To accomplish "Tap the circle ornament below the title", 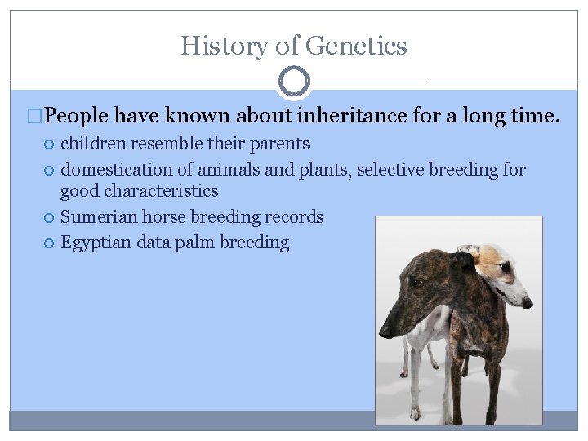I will click(x=294, y=82).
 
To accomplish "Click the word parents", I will click(x=280, y=144).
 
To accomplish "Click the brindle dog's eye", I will click(x=417, y=282).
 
